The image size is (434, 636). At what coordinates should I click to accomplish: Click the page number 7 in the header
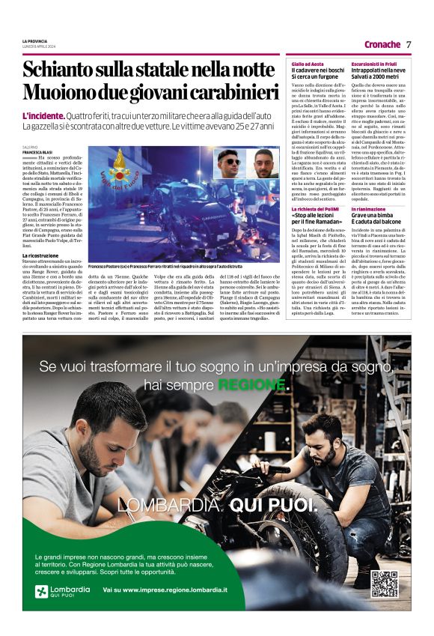pyautogui.click(x=409, y=44)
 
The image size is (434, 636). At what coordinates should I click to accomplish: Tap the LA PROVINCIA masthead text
pyautogui.click(x=34, y=40)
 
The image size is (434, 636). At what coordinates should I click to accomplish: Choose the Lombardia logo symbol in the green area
pyautogui.click(x=42, y=591)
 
